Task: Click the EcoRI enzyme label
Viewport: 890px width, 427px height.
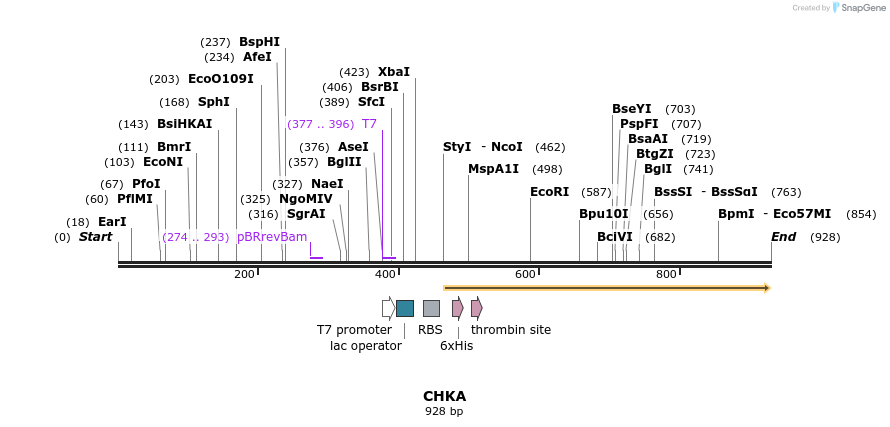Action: (549, 192)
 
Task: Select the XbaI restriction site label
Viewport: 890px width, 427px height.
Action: (394, 72)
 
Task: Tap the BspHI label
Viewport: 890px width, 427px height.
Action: (259, 42)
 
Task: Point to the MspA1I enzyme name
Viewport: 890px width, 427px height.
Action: (494, 169)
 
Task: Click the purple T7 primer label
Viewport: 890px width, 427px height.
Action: (369, 124)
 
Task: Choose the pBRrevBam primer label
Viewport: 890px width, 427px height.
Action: (272, 237)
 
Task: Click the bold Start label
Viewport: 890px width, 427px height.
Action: (95, 237)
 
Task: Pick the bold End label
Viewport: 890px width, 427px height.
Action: (783, 237)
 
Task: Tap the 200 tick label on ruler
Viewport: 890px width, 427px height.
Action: (244, 274)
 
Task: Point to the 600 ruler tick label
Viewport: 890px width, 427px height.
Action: (526, 274)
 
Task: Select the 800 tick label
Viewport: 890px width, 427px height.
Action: (666, 274)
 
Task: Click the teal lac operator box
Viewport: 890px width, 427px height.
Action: (405, 308)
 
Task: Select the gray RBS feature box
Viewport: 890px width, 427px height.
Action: (431, 308)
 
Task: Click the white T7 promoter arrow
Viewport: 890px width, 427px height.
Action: (388, 308)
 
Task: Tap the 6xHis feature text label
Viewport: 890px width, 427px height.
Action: (456, 346)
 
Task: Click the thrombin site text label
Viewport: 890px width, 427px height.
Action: (511, 330)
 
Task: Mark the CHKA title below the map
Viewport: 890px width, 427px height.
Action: (444, 396)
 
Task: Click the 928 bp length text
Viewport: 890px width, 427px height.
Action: (444, 411)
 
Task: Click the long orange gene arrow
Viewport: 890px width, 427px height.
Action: (606, 288)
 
